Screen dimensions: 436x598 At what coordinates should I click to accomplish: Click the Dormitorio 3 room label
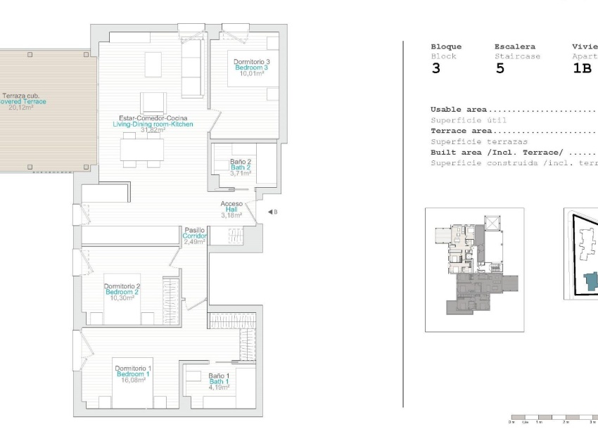click(252, 62)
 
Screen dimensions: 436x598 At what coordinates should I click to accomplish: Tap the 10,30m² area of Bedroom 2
click(122, 298)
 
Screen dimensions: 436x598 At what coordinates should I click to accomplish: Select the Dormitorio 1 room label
click(133, 368)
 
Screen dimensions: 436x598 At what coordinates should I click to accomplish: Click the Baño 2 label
click(241, 162)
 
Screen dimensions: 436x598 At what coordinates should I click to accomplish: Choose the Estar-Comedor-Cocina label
click(153, 118)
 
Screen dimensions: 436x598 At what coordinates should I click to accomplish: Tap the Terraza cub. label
click(21, 96)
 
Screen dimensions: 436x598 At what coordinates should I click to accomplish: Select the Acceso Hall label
click(231, 204)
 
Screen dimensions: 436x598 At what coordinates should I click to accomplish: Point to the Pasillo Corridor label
click(195, 230)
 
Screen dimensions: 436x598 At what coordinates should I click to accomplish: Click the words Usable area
click(456, 110)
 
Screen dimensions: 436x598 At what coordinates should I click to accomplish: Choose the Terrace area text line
click(462, 131)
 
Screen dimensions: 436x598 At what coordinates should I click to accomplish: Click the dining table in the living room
click(141, 150)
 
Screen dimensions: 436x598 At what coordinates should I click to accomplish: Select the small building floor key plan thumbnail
click(474, 269)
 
